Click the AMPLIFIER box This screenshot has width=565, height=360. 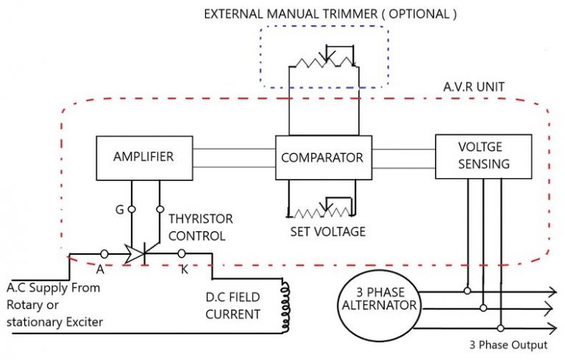coord(143,157)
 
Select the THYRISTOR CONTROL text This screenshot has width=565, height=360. coord(200,227)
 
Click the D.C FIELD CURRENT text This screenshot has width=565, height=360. coord(235,306)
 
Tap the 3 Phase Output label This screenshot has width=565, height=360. coord(508,345)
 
